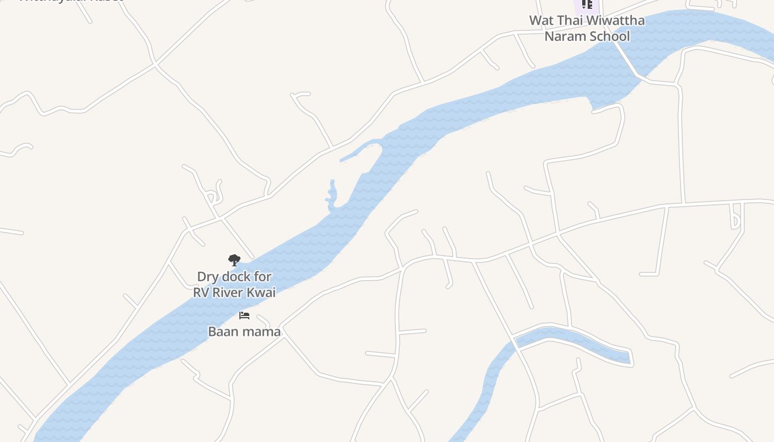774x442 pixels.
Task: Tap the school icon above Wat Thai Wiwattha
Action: pyautogui.click(x=587, y=4)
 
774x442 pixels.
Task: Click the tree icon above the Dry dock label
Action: pyautogui.click(x=234, y=260)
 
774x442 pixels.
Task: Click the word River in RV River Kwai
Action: pyautogui.click(x=228, y=293)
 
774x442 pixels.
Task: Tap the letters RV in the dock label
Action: pyautogui.click(x=201, y=293)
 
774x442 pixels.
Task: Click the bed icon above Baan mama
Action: pyautogui.click(x=244, y=315)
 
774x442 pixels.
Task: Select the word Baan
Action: pyautogui.click(x=222, y=331)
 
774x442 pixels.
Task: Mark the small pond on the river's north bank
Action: pyautogui.click(x=332, y=196)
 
